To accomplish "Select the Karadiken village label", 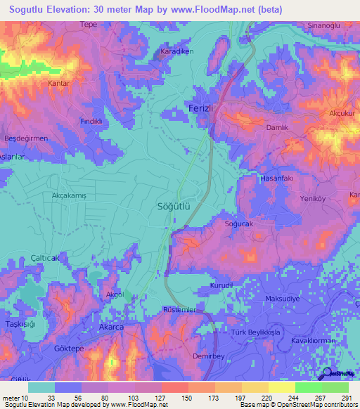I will pyautogui.click(x=176, y=53).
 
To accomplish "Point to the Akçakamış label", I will pyautogui.click(x=69, y=197).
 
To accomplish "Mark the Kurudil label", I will pyautogui.click(x=221, y=286).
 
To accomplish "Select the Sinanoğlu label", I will pyautogui.click(x=324, y=25).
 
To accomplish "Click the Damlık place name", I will pyautogui.click(x=277, y=129).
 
